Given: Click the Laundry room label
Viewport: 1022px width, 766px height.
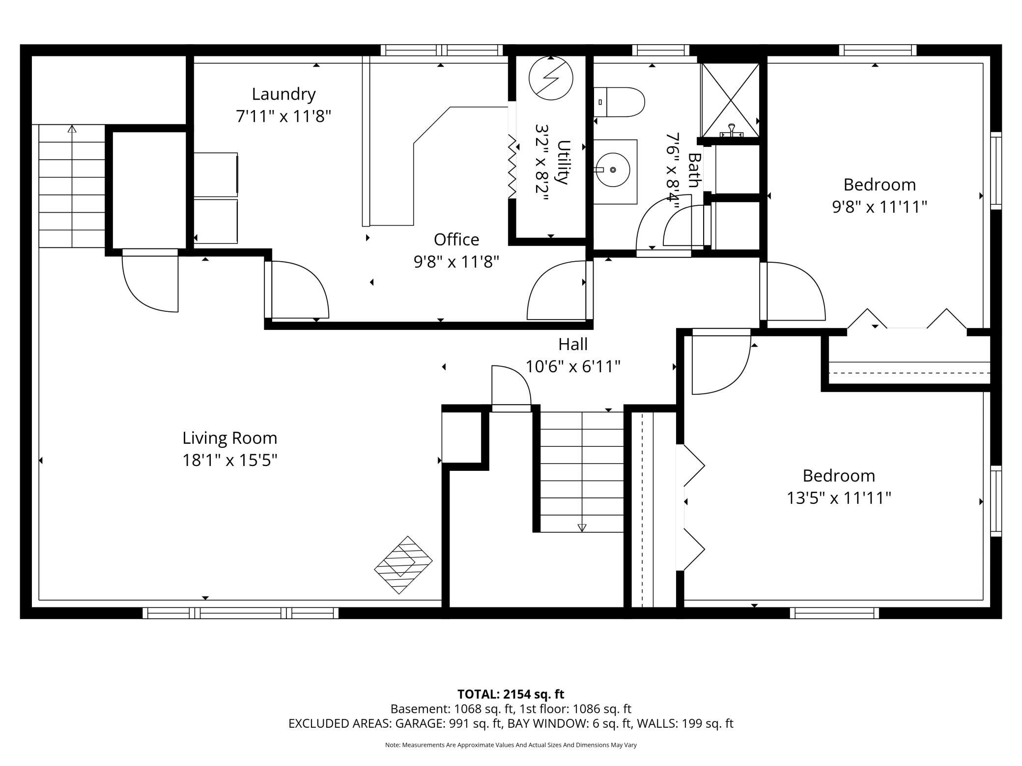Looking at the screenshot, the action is coord(284,94).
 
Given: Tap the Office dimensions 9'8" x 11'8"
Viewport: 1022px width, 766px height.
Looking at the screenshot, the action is coord(456,262).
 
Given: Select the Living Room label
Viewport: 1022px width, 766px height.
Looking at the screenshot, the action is coord(230,438).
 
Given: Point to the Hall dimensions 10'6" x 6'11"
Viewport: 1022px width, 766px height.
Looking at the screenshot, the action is coord(573,366).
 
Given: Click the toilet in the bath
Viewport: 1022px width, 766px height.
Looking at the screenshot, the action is coord(619,102).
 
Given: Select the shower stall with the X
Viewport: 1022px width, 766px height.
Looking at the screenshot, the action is coord(731,100).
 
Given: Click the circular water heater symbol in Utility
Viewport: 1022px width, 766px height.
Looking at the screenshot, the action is coord(551,78).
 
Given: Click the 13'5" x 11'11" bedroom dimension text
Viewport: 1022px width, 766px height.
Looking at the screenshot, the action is coord(839,498).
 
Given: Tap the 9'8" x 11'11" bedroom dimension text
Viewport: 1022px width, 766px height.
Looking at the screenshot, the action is coord(879,207).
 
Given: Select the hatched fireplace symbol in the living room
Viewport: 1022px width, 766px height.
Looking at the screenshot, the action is coord(403,565).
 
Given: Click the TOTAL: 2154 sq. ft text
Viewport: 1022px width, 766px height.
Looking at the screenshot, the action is coord(511,694).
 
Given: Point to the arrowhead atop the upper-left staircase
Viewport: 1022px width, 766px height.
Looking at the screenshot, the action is coord(72,129).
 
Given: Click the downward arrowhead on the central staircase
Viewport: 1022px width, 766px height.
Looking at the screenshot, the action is coord(582,528).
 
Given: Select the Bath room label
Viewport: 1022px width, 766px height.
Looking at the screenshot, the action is coord(694,170).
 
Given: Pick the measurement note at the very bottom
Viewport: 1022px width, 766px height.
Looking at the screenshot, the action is coord(511,745).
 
